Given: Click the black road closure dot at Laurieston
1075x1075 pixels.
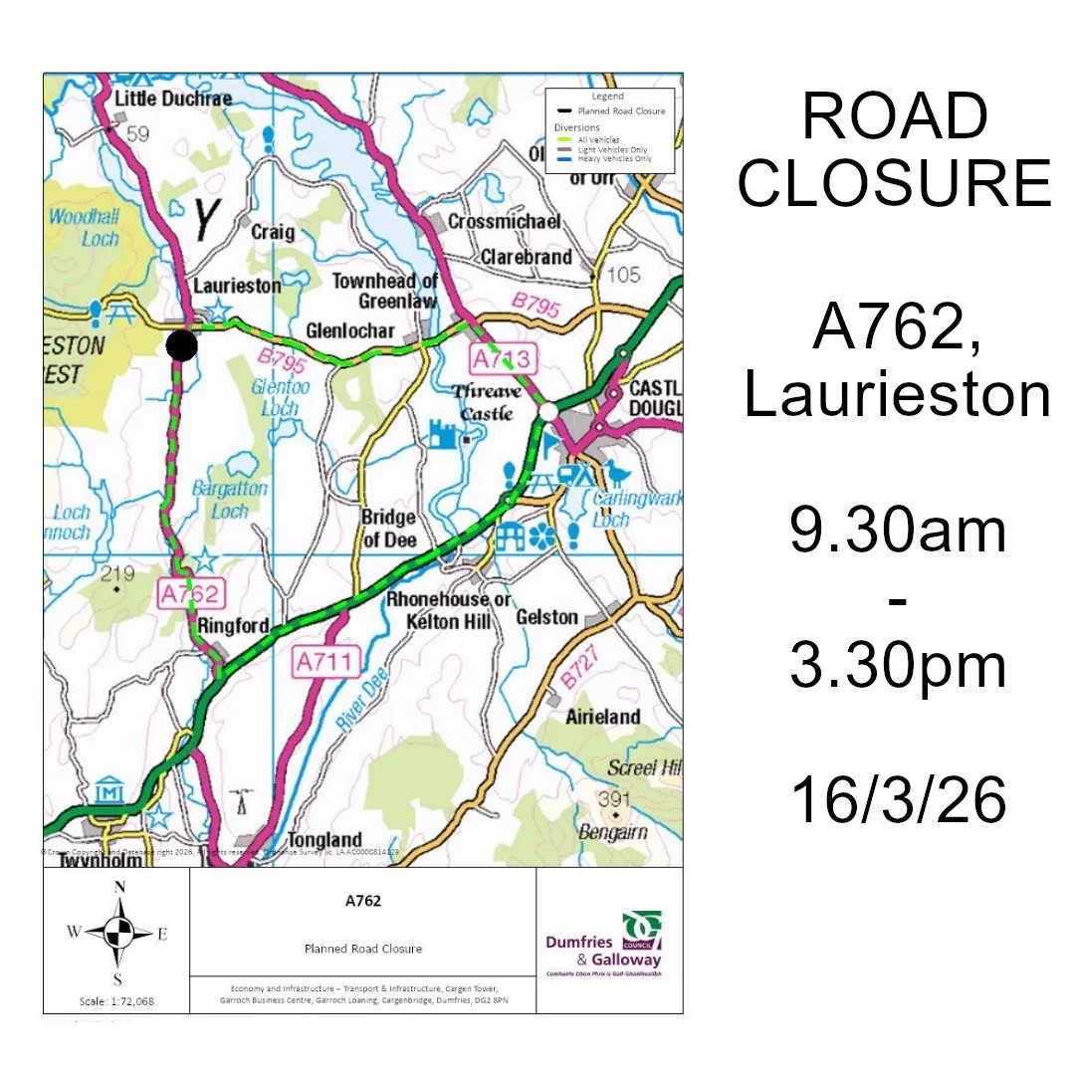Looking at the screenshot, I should [181, 345].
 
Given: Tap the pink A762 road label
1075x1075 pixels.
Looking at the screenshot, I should [189, 595].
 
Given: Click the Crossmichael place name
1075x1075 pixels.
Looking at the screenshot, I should [505, 221].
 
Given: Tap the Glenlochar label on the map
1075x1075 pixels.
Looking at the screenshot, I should [349, 331].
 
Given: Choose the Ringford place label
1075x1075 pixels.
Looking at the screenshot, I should [233, 626].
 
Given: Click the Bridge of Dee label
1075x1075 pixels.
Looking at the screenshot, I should [388, 529].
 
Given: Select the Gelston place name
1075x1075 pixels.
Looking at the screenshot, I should [547, 617].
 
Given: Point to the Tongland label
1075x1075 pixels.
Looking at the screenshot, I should [324, 840].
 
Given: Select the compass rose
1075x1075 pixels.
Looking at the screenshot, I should [118, 933].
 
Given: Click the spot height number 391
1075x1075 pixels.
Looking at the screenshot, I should [613, 799].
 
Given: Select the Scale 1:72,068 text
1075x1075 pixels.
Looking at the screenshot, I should [116, 1000].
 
